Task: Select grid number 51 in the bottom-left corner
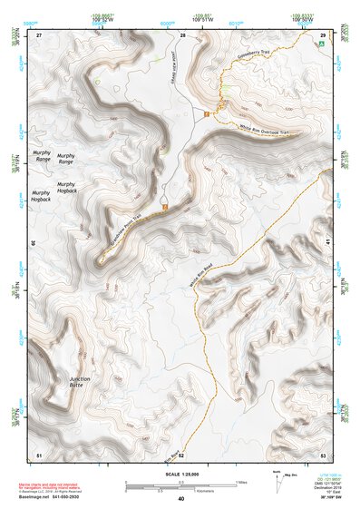pos(39,453)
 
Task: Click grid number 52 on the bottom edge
pos(181,453)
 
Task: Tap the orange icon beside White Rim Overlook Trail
pos(207,113)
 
